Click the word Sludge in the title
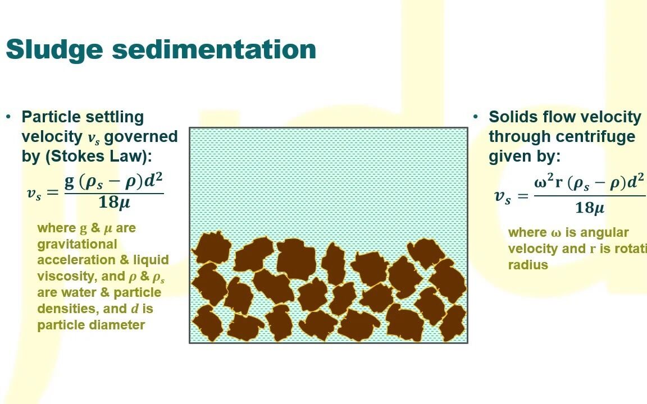pyautogui.click(x=54, y=49)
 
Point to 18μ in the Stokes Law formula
pyautogui.click(x=114, y=203)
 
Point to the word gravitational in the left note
pyautogui.click(x=77, y=244)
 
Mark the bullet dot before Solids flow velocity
pyautogui.click(x=476, y=116)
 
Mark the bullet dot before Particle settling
pyautogui.click(x=8, y=116)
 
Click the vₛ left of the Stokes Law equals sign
pyautogui.click(x=34, y=194)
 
